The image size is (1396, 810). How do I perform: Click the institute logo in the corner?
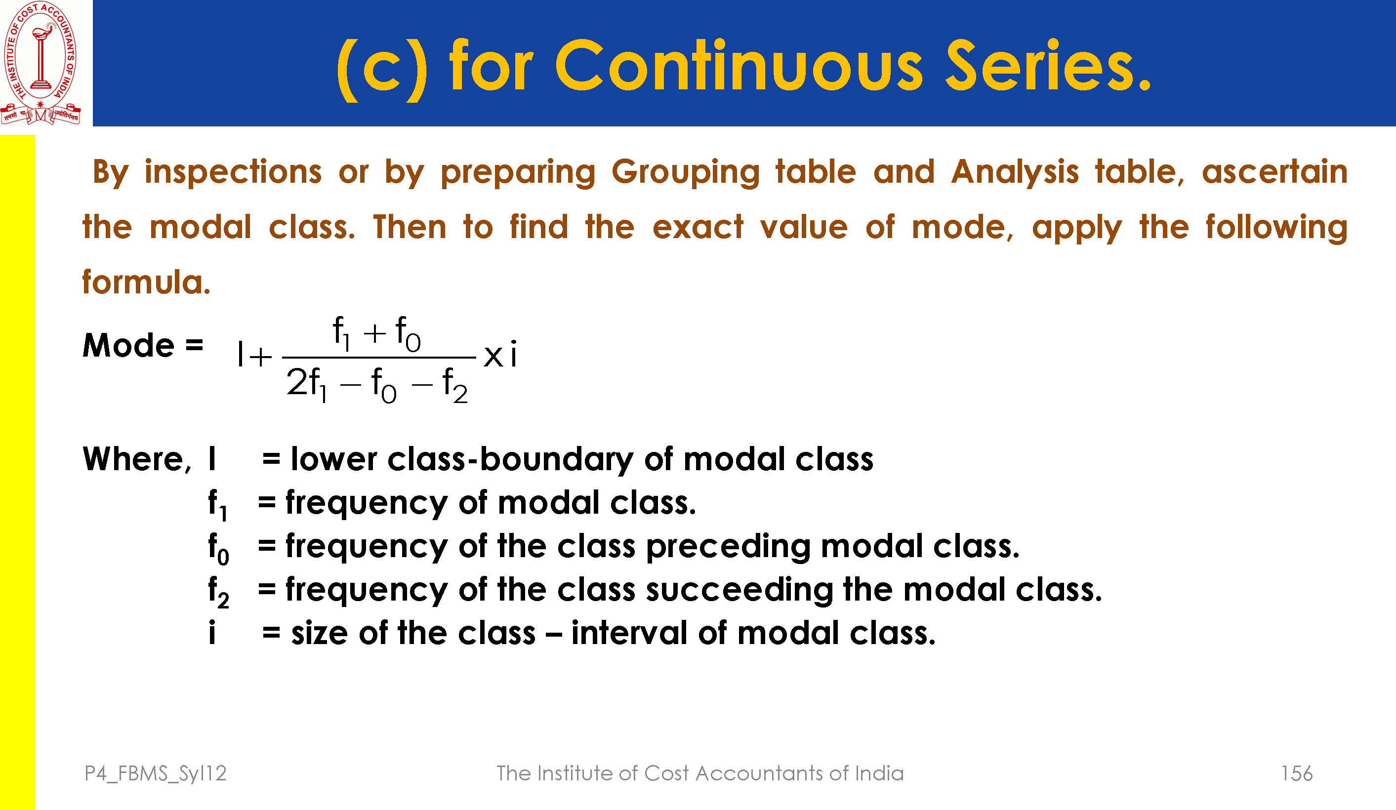41,63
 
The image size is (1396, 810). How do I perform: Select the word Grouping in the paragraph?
685,173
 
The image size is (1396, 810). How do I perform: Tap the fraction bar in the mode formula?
379,358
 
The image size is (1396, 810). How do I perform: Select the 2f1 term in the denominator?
306,384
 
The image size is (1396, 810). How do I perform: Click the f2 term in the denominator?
455,385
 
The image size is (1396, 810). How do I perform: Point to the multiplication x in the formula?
493,356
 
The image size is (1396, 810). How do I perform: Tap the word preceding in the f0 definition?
728,547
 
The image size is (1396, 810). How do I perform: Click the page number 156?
1297,773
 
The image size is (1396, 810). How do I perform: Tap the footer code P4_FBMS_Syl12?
156,774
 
